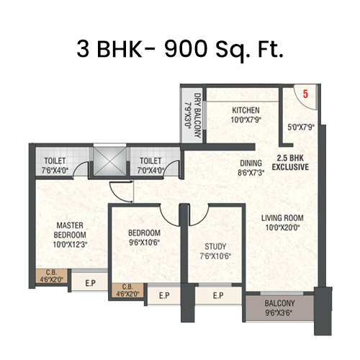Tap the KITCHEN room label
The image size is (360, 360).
click(246, 110)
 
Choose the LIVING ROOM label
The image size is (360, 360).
click(282, 217)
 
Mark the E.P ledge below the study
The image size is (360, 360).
click(217, 295)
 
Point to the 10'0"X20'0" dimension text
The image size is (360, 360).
click(282, 228)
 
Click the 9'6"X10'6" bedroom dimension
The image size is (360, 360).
click(144, 243)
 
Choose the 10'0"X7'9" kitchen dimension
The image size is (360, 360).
click(246, 120)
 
